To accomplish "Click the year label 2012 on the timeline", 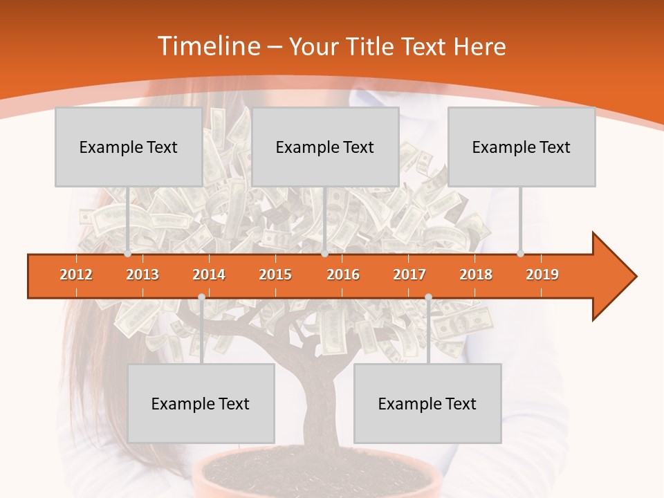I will point(76,275).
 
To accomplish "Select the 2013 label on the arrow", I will point(142,275).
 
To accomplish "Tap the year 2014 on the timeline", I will point(209,275).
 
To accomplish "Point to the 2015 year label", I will point(275,275).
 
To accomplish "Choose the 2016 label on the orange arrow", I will point(343,275).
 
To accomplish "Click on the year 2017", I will point(409,275).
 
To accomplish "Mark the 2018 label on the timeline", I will point(476,275).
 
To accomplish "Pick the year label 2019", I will point(542,275).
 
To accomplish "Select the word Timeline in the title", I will point(207,46).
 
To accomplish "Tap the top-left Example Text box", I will point(129,147).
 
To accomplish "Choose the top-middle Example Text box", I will point(325,147).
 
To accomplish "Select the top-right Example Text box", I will point(522,147).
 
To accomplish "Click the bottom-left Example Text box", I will point(201,403).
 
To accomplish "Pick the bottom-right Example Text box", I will point(427,403).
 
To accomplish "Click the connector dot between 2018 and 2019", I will point(520,254).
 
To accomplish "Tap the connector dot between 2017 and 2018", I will point(428,297).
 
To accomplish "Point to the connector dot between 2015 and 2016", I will point(324,254).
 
